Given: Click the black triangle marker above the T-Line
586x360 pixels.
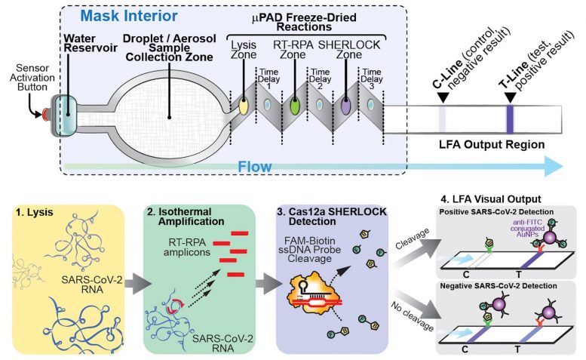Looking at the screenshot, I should [x=510, y=96].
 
